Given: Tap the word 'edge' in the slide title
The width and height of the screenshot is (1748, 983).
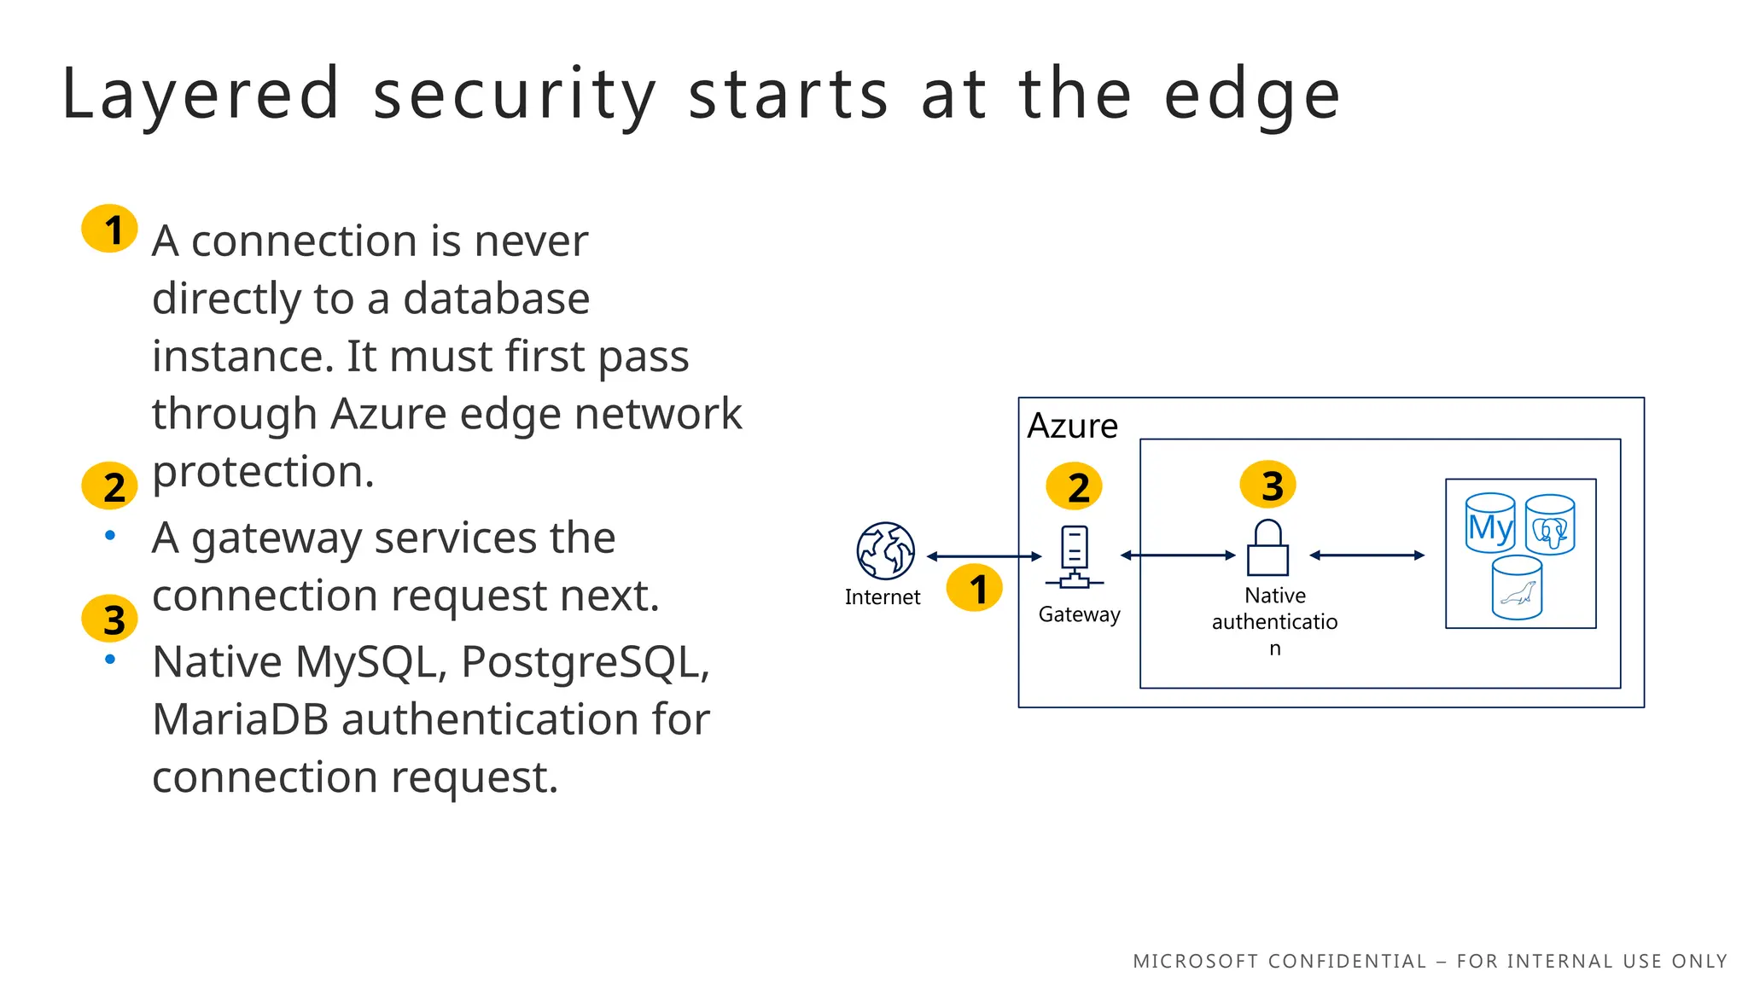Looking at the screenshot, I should (1251, 94).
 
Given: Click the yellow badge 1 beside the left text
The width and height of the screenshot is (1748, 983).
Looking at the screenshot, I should (110, 229).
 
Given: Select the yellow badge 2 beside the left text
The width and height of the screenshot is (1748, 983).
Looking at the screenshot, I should (110, 486).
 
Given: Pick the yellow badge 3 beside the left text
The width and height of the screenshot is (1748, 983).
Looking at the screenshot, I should (110, 619).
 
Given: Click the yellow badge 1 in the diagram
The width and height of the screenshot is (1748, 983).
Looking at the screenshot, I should (975, 588).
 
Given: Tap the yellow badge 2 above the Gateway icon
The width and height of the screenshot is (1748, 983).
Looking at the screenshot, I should (1075, 486).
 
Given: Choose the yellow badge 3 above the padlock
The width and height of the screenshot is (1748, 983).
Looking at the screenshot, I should (1268, 485).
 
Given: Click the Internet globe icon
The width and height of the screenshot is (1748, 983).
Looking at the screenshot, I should (886, 551).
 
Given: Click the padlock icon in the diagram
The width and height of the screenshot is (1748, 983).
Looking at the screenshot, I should (1267, 548).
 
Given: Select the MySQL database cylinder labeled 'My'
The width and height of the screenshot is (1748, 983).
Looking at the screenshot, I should (1490, 524).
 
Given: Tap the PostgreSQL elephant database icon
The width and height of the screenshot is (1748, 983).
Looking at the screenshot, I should (1550, 526).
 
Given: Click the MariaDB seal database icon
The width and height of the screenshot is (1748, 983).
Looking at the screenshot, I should (1517, 588).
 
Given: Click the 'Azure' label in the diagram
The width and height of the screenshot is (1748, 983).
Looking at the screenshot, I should (1072, 426).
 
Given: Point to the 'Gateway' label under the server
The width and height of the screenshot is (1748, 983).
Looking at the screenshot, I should (1079, 614).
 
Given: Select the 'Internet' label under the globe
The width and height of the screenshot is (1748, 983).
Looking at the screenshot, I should (883, 597).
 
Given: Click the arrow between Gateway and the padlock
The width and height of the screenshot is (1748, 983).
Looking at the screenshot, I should (1178, 555).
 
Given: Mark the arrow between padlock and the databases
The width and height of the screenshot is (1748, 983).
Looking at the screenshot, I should (1367, 555).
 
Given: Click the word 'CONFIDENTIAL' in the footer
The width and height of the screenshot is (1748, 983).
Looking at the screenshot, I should (1347, 962).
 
